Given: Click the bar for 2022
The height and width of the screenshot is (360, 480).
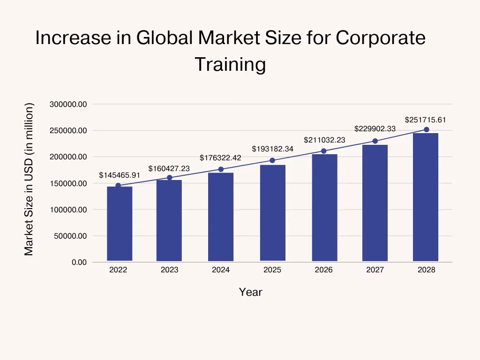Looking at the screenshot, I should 120,224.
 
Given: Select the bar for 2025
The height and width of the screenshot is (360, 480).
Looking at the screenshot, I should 272,213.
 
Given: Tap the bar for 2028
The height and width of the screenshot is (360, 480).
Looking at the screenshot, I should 426,197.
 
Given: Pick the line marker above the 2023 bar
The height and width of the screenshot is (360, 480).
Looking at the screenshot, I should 170,178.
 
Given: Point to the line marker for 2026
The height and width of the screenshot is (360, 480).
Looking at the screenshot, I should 323,151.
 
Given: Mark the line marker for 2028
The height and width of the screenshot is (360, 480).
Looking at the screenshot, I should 426,129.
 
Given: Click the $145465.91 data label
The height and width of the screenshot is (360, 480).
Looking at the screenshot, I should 120,175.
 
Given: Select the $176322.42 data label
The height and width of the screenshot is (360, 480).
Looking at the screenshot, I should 220,158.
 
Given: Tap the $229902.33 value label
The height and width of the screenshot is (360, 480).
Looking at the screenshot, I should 375,128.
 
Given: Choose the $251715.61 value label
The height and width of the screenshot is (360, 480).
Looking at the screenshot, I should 425,120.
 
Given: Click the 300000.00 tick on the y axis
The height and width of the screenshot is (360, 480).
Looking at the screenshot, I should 68,104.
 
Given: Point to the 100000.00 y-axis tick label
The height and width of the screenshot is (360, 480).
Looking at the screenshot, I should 68,210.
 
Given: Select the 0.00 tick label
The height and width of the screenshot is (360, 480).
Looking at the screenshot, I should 79,262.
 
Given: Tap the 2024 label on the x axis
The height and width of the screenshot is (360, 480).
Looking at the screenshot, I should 221,270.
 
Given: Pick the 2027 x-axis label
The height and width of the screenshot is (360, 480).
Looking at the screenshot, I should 375,270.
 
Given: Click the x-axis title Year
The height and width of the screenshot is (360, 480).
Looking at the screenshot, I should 251,292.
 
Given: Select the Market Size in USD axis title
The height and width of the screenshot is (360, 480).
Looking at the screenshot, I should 29,179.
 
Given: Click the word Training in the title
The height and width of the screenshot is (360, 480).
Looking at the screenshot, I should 230,64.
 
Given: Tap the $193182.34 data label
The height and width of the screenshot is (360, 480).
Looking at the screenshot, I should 272,149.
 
